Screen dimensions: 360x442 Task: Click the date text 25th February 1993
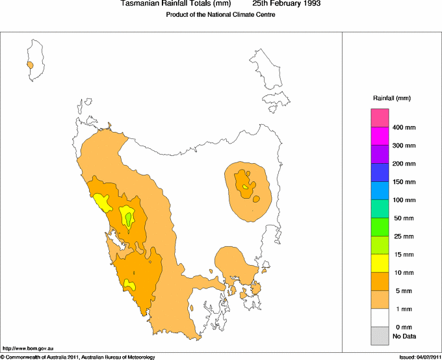coord(286,4)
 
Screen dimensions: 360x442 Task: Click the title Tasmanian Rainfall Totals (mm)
coord(176,4)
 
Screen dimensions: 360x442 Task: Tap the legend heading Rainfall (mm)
coord(391,98)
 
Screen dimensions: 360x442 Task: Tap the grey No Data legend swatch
coord(380,336)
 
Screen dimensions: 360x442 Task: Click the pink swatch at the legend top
coord(380,118)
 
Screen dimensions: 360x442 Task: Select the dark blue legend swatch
coord(380,172)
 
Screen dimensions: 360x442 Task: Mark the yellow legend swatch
coord(380,263)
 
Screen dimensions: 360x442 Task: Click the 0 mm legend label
coord(404,327)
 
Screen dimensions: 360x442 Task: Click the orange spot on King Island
coord(30,65)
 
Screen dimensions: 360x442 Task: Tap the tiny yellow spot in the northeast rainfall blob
coord(245,187)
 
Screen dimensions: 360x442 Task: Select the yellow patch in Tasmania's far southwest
coord(130,284)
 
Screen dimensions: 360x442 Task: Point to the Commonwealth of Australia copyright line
coord(78,357)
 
